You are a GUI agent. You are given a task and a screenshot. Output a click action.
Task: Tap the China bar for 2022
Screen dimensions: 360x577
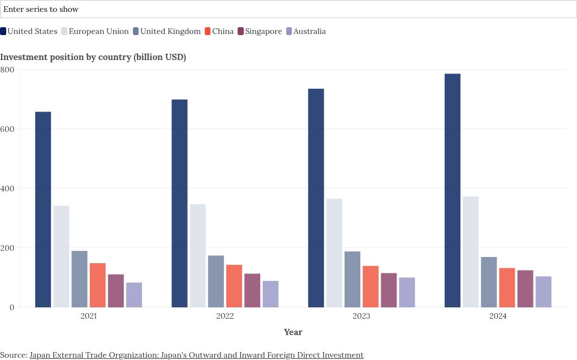tap(234, 286)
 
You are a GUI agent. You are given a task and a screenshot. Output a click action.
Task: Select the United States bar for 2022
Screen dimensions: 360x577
tap(179, 203)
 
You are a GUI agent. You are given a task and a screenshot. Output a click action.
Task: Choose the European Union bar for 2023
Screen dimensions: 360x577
tap(334, 253)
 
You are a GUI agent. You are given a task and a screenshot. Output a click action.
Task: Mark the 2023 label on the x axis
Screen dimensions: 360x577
tap(361, 316)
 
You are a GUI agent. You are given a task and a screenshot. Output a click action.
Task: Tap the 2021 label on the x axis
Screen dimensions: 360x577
tap(88, 316)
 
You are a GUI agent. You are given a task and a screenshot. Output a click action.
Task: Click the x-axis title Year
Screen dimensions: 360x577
tap(293, 332)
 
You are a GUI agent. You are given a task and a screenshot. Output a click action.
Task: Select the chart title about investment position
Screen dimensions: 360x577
tap(93, 57)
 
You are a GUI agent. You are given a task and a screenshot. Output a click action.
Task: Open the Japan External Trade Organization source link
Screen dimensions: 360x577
tap(196, 355)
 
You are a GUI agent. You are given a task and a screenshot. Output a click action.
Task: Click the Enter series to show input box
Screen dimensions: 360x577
tap(288, 9)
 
